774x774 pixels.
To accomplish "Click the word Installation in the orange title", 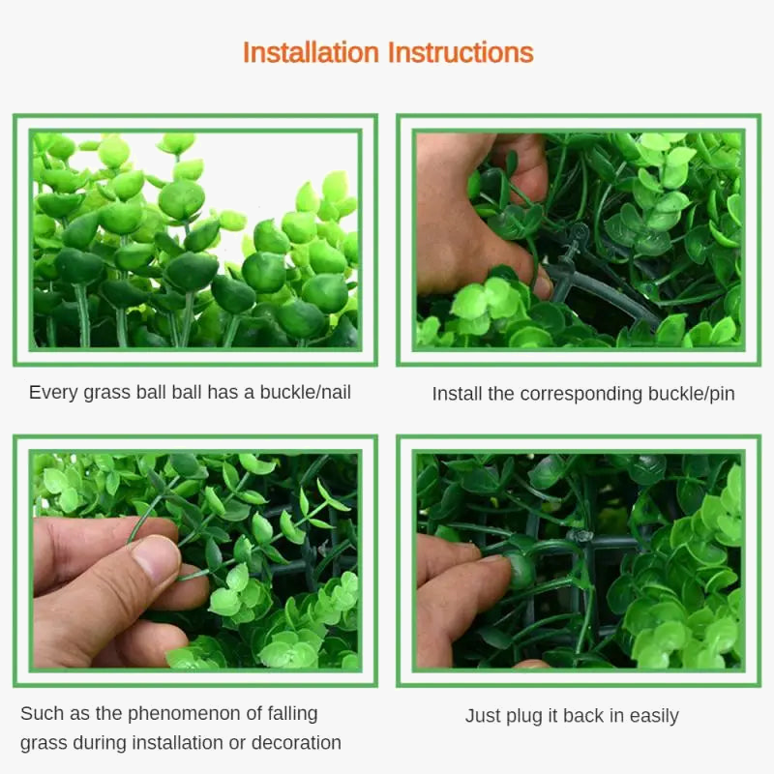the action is pyautogui.click(x=311, y=53).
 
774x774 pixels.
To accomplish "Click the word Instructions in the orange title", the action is pyautogui.click(x=461, y=53).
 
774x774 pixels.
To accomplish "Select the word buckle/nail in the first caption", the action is pyautogui.click(x=306, y=393).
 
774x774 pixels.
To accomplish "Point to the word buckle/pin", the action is pyautogui.click(x=691, y=394).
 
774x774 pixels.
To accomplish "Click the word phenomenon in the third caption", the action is pyautogui.click(x=184, y=714).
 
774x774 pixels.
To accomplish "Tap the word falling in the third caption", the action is pyautogui.click(x=292, y=714).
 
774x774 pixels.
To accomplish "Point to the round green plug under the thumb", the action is pyautogui.click(x=520, y=570).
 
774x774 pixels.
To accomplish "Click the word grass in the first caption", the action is pyautogui.click(x=106, y=394).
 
